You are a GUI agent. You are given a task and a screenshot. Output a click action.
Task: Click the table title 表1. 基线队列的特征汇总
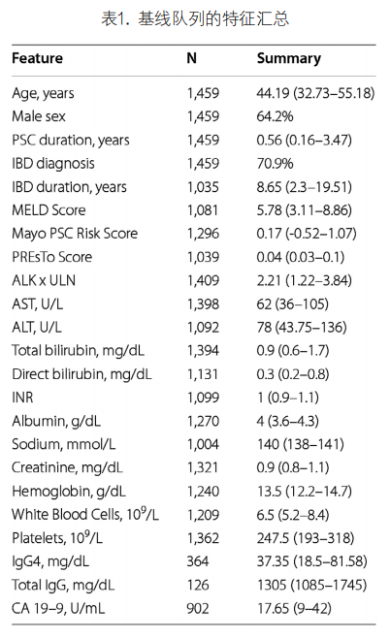click(195, 18)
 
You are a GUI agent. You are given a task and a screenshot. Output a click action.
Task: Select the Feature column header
click(37, 58)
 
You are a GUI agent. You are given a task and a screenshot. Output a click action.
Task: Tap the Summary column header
click(288, 59)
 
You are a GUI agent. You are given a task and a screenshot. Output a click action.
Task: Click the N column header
click(191, 58)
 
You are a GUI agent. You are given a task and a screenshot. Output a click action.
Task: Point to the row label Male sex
click(38, 116)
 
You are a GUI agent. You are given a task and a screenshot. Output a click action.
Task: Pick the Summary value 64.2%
click(275, 116)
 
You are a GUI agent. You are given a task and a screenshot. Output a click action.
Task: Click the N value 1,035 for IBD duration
click(203, 187)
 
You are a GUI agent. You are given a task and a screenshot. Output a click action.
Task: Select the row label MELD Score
click(49, 210)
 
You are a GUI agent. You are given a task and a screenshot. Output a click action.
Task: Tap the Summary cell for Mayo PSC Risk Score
click(307, 234)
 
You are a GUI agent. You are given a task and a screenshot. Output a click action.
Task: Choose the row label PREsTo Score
click(51, 257)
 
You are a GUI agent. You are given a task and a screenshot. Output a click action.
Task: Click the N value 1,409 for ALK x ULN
click(203, 280)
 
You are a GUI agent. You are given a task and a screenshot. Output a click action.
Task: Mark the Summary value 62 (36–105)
click(293, 304)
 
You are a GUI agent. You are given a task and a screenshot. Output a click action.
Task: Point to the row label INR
click(22, 398)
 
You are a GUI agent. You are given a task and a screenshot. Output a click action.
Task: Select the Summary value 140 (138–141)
click(301, 444)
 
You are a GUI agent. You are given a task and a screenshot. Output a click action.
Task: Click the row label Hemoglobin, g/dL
click(69, 492)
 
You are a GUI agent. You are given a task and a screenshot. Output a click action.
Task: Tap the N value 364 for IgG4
click(198, 561)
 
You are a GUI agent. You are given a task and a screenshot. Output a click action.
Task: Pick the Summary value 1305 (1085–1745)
click(311, 586)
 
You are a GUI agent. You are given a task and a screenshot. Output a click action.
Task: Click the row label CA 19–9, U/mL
click(58, 608)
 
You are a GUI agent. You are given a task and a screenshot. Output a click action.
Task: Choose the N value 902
click(198, 608)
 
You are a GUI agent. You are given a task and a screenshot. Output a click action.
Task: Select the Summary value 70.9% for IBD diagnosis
click(275, 164)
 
